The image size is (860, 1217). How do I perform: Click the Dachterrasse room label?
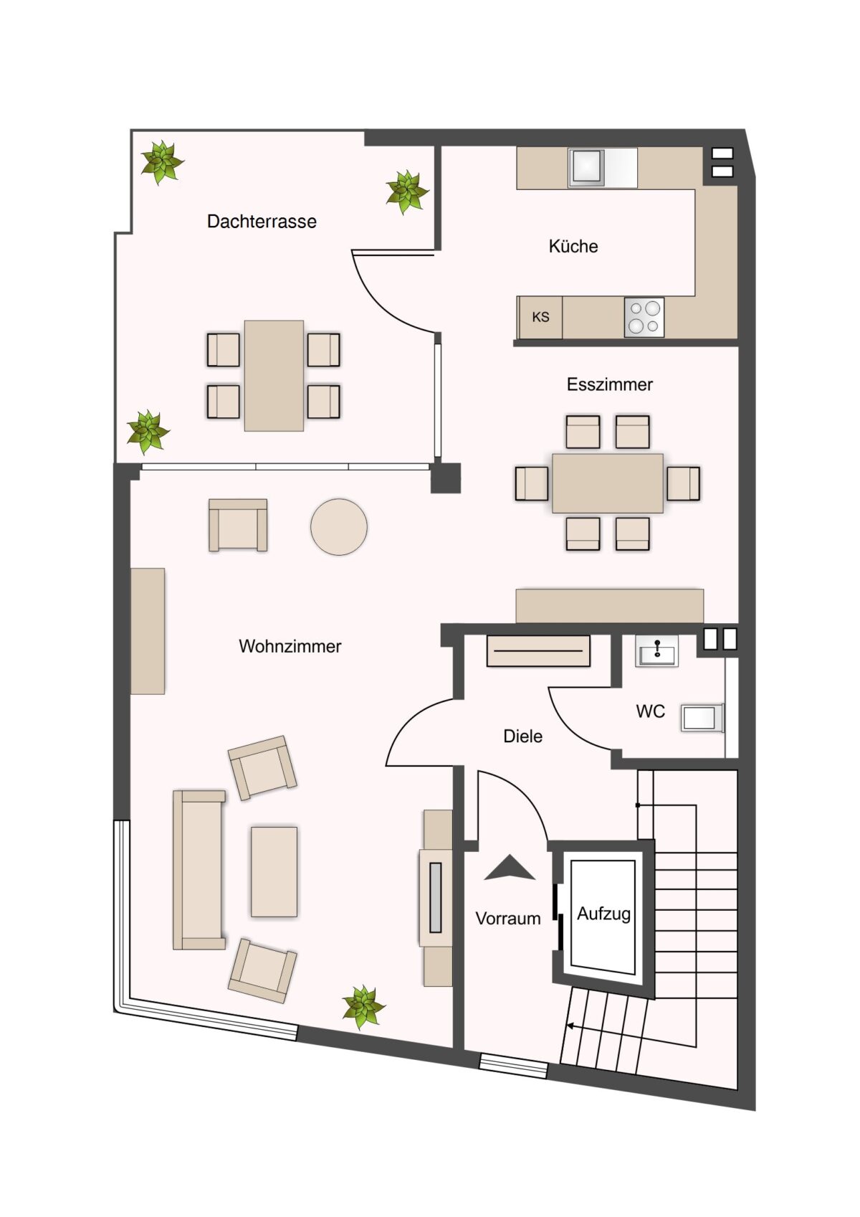262,221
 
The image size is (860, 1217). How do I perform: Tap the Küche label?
573,246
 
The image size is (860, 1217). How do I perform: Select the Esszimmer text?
610,384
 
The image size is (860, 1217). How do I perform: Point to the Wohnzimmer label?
290,646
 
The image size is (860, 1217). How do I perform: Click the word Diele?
523,737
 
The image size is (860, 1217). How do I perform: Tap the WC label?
651,711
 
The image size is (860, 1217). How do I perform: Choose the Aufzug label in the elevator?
603,914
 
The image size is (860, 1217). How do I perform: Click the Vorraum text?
508,919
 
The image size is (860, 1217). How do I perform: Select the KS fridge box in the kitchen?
540,317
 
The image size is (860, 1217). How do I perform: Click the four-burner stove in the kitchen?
644,317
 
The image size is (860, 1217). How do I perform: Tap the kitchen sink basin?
586,167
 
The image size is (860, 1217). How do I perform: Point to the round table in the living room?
339,527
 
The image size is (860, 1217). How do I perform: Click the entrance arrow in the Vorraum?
510,868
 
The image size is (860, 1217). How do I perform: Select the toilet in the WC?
702,719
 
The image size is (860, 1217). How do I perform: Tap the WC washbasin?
656,651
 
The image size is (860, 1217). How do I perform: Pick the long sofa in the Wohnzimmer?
199,871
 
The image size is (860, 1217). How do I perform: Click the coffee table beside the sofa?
274,872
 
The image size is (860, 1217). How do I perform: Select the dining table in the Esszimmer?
608,483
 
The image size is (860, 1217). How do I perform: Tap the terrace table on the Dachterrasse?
274,376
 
